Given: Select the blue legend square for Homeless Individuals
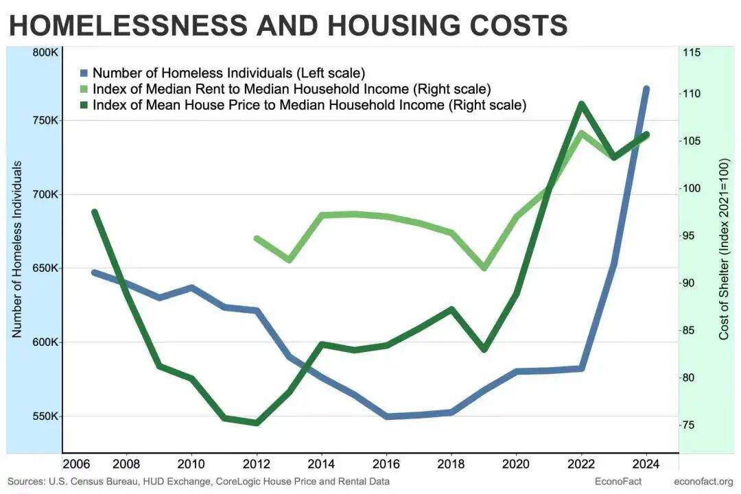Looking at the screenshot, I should coord(84,73).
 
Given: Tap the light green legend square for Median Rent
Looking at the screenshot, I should coord(84,89).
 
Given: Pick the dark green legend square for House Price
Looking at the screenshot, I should coord(84,106).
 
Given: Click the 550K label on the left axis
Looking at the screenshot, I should coord(45,416).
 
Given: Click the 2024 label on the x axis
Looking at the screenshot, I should coord(646,461).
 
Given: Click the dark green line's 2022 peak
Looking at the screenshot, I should coord(581,104).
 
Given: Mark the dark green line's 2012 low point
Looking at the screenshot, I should coord(257,423).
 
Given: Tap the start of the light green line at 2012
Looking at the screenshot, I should coord(256,239).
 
